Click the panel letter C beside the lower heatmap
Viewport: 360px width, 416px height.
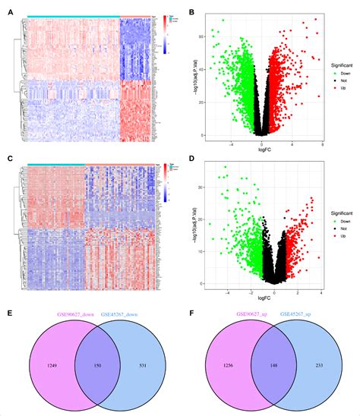[x=9, y=159]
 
